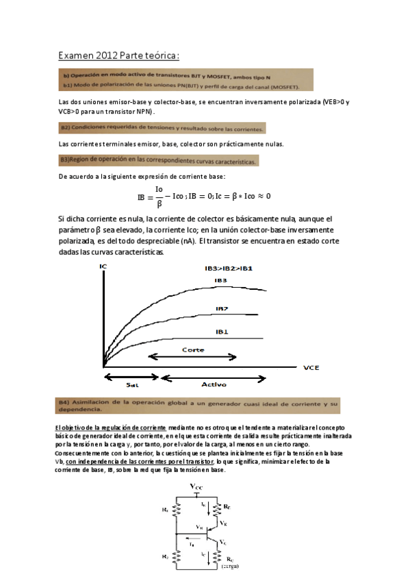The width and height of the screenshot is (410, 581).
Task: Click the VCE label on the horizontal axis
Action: click(311, 367)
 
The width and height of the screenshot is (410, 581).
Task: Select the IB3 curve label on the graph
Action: click(220, 280)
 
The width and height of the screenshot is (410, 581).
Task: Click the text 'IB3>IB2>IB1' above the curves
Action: click(228, 267)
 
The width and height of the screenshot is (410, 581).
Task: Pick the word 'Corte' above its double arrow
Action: click(192, 349)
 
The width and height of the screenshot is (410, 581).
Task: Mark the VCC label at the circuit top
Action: click(197, 486)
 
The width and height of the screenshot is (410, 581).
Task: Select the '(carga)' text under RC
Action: click(229, 567)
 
